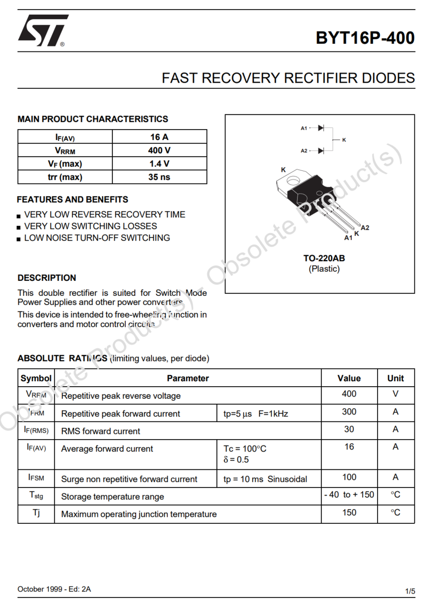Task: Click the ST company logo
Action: tap(42, 31)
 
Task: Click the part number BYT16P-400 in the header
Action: tap(365, 38)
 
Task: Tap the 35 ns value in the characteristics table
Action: tap(159, 177)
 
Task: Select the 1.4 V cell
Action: tap(159, 163)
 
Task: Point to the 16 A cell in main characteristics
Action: tap(159, 137)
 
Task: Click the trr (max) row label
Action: tap(65, 177)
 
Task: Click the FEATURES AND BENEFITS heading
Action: tap(72, 200)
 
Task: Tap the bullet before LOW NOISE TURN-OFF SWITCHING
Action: tap(19, 239)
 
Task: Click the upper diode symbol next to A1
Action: tap(321, 128)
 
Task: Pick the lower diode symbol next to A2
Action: tap(321, 150)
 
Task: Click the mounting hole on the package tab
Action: tap(292, 181)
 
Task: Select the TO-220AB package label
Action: tap(324, 258)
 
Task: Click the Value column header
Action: tap(349, 378)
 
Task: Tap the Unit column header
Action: tap(396, 378)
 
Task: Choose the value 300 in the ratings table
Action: tap(349, 412)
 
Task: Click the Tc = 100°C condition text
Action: tap(245, 449)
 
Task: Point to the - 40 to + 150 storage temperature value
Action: tap(349, 495)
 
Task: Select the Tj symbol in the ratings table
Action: tap(36, 513)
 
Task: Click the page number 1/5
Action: tap(410, 590)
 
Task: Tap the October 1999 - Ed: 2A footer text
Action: tap(54, 589)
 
